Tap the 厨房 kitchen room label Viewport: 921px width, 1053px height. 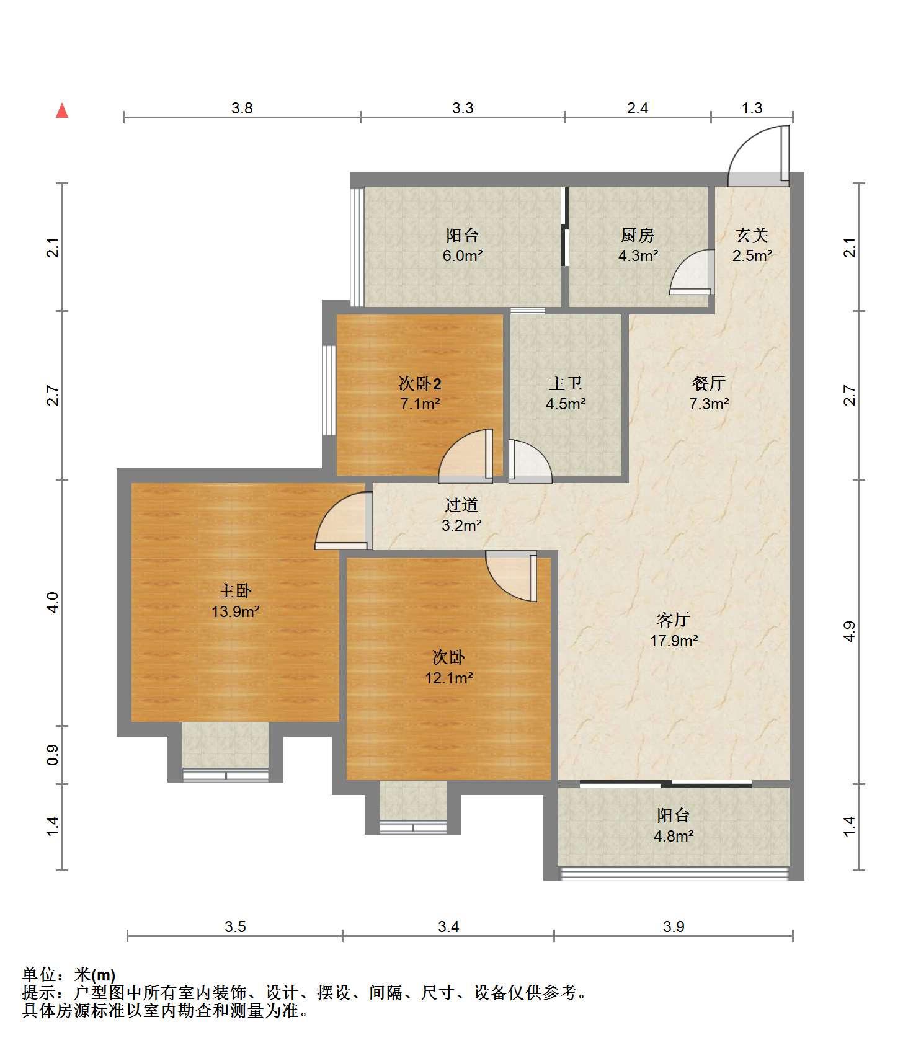(x=638, y=236)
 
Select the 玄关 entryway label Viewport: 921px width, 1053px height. (x=752, y=236)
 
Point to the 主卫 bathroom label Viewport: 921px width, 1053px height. (x=566, y=384)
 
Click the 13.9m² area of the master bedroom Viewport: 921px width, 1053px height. (x=236, y=612)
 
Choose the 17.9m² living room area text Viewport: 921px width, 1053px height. (x=674, y=641)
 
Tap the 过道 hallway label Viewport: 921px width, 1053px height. (x=461, y=505)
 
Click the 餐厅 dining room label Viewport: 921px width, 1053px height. (x=709, y=384)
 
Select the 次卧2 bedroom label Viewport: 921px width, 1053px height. (x=420, y=384)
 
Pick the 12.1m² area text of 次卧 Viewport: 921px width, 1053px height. (x=449, y=678)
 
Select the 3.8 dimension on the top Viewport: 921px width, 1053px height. (x=242, y=109)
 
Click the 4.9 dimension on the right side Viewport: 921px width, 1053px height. (x=850, y=631)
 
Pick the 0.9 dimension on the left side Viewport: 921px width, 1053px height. (x=53, y=755)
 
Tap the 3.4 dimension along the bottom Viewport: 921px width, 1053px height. (x=448, y=927)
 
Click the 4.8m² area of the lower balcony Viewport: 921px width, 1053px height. (x=674, y=837)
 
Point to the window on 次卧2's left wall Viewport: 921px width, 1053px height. (x=329, y=391)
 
